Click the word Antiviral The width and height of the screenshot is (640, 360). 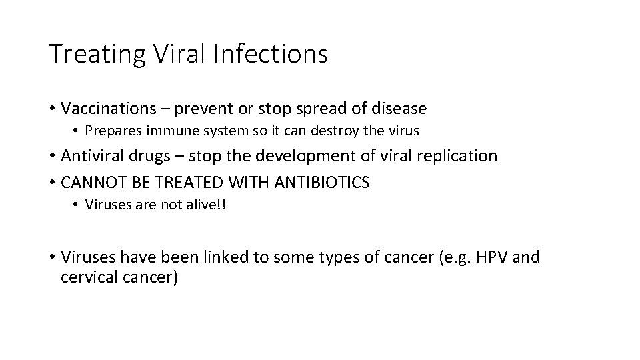coord(89,156)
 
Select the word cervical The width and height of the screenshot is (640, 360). coord(87,277)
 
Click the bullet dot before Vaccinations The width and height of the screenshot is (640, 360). coord(51,108)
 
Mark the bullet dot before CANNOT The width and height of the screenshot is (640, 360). coord(51,182)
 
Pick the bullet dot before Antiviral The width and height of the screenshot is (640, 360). coord(51,157)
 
